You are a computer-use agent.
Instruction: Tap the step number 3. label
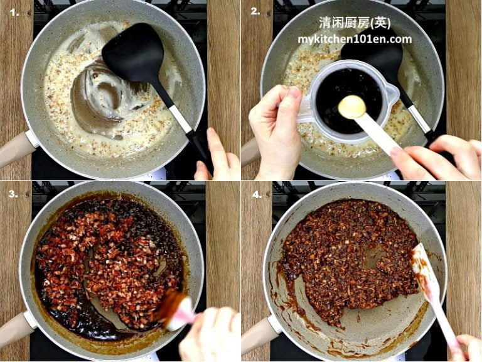click(11, 194)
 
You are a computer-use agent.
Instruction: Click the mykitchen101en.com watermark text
click(355, 39)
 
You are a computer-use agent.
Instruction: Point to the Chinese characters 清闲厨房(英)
click(355, 23)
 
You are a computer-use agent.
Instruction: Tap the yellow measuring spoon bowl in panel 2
click(351, 107)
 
